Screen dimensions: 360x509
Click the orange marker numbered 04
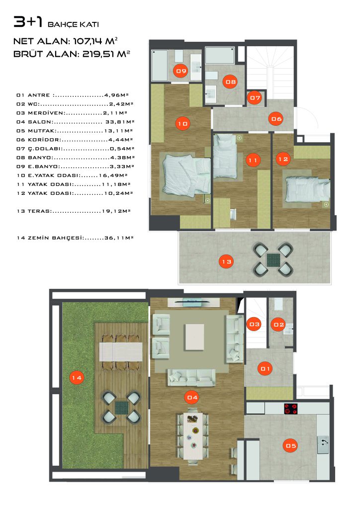coord(192,397)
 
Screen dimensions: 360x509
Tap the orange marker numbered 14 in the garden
coord(77,378)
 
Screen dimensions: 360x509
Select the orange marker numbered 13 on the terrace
coord(227,261)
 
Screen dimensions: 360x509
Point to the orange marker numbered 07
coord(255,98)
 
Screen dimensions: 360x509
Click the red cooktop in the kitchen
coord(291,409)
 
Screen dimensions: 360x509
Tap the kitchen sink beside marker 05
coord(323,444)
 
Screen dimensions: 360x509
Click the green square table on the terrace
coord(272,259)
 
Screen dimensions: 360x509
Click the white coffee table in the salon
coord(194,337)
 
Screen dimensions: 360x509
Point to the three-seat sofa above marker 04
coord(191,377)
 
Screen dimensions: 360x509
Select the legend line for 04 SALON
coord(76,122)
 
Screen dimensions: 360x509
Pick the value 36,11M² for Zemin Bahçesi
coord(119,238)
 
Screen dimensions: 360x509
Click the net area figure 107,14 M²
coord(95,41)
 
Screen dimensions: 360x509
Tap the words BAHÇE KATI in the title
coord(73,24)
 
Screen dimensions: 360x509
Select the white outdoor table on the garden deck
coord(121,352)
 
